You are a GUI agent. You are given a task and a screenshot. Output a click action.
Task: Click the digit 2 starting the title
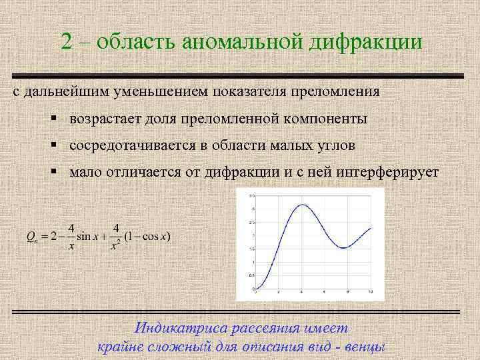[67, 41]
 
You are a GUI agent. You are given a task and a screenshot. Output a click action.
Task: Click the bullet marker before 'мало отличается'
[53, 171]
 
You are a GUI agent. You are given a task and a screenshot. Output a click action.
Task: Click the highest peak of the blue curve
[302, 205]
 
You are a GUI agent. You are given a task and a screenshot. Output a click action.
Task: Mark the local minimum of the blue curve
[343, 248]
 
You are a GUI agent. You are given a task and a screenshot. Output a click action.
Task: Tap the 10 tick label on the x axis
[371, 293]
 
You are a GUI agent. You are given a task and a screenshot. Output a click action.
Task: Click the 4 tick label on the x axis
[301, 293]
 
